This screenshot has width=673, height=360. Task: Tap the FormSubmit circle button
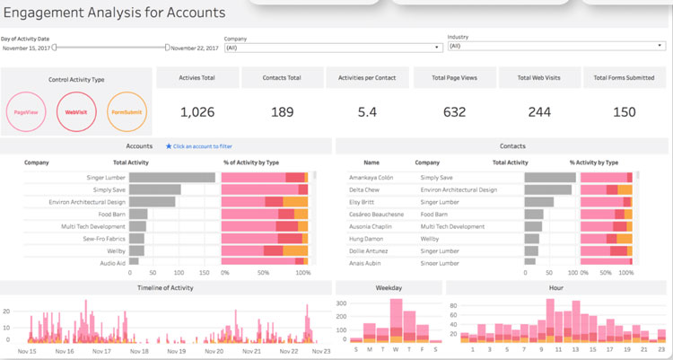(x=127, y=112)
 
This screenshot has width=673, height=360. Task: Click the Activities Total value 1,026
(x=198, y=111)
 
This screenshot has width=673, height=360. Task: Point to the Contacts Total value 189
(x=283, y=111)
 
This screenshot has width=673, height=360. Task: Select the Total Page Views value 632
(x=454, y=111)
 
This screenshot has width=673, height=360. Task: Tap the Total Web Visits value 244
(x=538, y=111)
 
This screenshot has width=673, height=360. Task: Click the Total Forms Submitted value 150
(x=625, y=111)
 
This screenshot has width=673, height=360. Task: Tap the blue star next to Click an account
(x=168, y=145)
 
